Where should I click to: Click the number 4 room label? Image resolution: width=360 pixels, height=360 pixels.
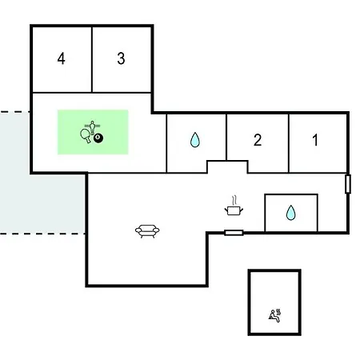[61, 58]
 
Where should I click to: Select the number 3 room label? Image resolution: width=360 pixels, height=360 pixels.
[121, 58]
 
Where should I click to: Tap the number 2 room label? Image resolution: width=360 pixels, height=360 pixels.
[258, 140]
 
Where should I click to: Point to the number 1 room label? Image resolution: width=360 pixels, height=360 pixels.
[315, 140]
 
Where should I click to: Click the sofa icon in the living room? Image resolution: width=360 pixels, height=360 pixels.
[147, 231]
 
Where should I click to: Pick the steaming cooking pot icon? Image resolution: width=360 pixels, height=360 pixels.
[234, 206]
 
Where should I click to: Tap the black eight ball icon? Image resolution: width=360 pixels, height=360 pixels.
[98, 138]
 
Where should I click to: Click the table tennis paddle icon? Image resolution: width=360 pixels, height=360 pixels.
[86, 135]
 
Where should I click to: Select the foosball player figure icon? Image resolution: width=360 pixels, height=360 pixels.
[92, 127]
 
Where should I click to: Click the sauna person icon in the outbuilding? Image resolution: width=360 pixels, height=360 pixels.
[274, 316]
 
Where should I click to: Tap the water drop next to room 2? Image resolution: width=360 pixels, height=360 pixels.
[195, 140]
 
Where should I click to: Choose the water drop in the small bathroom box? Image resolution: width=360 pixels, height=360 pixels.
[290, 213]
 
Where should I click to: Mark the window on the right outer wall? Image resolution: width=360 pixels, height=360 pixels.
[348, 184]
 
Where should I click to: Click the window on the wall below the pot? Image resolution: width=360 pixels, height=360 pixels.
[234, 233]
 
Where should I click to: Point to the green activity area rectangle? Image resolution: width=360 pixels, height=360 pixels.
[93, 132]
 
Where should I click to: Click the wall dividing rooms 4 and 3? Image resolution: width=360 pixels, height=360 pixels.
[92, 59]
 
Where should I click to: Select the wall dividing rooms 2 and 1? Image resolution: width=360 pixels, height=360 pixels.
[289, 143]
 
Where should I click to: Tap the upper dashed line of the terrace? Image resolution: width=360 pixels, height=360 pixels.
[14, 112]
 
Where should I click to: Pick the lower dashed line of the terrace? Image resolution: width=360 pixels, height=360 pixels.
[42, 234]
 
